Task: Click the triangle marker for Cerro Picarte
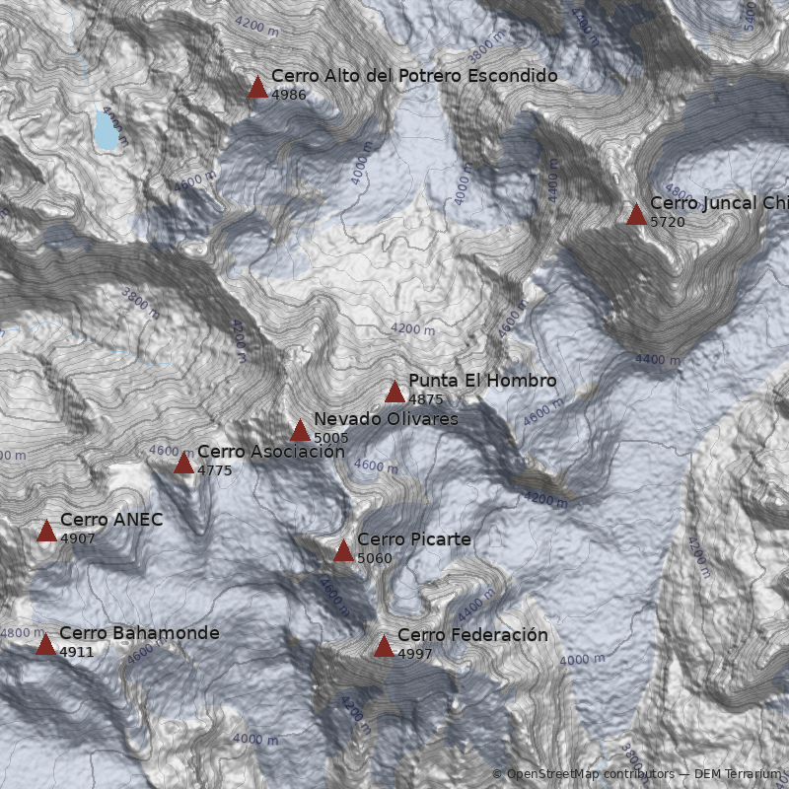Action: click(x=343, y=551)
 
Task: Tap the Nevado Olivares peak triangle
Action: click(x=300, y=431)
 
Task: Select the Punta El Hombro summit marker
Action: click(x=394, y=393)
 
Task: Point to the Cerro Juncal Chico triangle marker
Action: click(x=636, y=215)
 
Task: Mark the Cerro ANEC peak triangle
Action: click(x=46, y=532)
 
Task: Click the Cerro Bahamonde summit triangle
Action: click(x=45, y=645)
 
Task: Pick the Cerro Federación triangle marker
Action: click(x=384, y=646)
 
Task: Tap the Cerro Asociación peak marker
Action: click(x=183, y=464)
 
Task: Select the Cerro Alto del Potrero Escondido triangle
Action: click(x=257, y=88)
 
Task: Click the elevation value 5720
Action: click(x=668, y=222)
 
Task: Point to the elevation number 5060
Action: click(x=375, y=559)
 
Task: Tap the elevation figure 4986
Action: click(x=289, y=95)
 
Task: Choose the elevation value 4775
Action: click(x=215, y=470)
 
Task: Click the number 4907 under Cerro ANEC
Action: click(x=78, y=539)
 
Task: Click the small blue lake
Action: click(x=105, y=129)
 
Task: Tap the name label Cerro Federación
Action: click(x=472, y=635)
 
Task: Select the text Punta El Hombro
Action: click(x=482, y=381)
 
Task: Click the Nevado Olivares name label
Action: click(x=386, y=419)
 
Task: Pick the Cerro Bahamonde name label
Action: click(x=139, y=633)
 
